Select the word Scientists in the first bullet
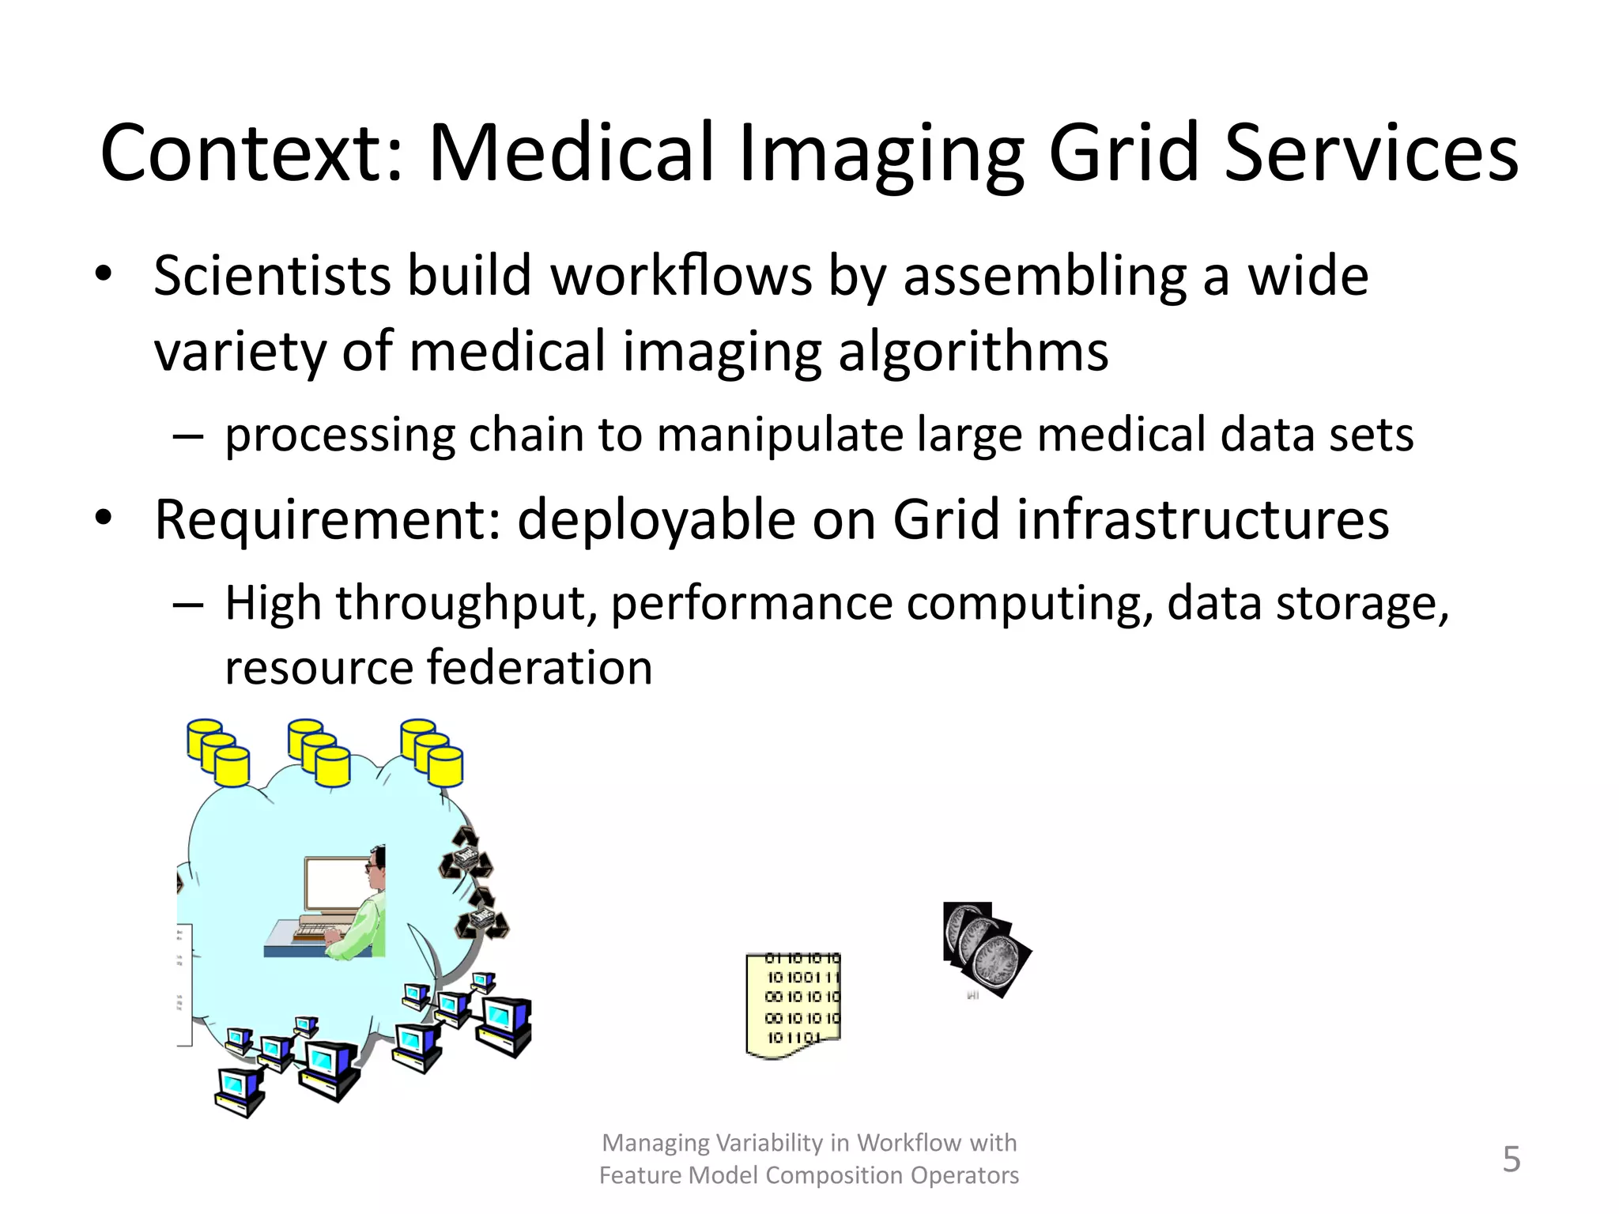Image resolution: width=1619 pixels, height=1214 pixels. [x=272, y=276]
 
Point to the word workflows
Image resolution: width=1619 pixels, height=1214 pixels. [x=681, y=276]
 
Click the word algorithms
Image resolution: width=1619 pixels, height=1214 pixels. [x=973, y=351]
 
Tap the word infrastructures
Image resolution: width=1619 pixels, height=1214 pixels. [x=1202, y=519]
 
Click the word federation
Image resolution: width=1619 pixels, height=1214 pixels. [x=540, y=667]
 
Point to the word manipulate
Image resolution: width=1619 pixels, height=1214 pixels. [x=779, y=435]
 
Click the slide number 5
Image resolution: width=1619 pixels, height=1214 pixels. [x=1511, y=1159]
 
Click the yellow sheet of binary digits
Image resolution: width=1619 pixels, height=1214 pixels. [x=793, y=1005]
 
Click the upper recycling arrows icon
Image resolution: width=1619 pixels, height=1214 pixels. [x=466, y=854]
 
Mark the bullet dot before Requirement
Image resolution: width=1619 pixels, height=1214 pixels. [x=104, y=519]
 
